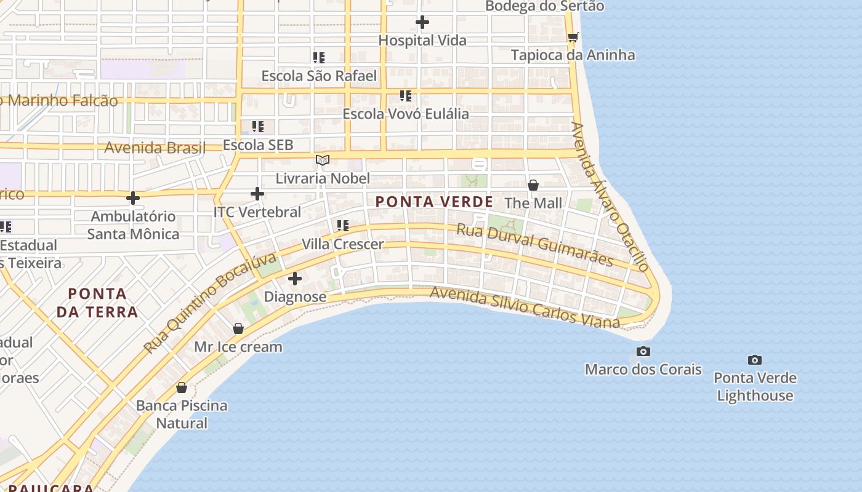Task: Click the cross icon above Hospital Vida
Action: [422, 23]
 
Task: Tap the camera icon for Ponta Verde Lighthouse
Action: [755, 360]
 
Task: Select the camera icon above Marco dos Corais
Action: [643, 351]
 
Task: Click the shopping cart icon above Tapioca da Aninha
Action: [573, 37]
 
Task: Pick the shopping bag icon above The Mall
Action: [533, 184]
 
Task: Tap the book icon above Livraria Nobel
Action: [323, 161]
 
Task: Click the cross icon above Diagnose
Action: [295, 279]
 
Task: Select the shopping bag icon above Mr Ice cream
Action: [238, 328]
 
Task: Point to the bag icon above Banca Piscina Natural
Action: [182, 387]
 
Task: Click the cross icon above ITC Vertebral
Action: [257, 194]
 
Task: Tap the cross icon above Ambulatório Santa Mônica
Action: [132, 198]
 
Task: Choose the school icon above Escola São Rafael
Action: [318, 58]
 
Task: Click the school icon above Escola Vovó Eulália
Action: [405, 96]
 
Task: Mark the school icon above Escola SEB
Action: [257, 127]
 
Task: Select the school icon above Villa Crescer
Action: [342, 226]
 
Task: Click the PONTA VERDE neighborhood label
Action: [434, 202]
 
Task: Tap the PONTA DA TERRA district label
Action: [97, 303]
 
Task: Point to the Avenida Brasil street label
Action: [155, 148]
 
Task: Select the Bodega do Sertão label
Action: [544, 6]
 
